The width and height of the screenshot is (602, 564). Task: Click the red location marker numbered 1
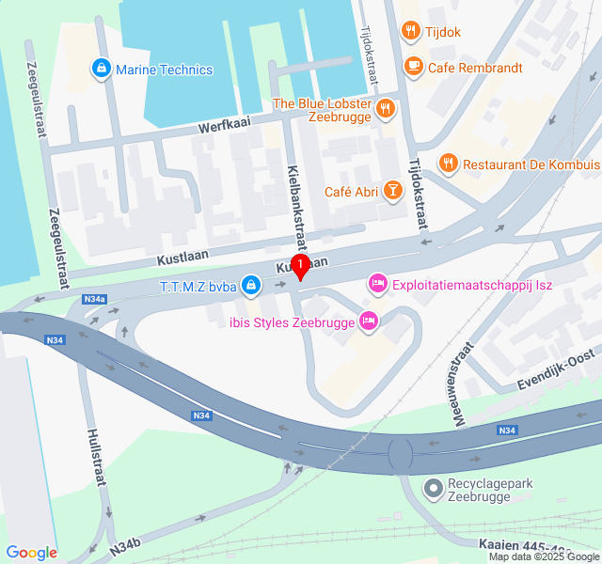[300, 267]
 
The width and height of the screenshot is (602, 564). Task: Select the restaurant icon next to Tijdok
[410, 32]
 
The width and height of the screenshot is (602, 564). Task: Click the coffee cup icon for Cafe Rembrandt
[412, 67]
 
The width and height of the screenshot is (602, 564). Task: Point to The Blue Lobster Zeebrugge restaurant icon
[385, 110]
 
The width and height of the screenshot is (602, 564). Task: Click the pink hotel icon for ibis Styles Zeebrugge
[370, 321]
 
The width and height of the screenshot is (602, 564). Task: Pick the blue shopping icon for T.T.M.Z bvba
[250, 284]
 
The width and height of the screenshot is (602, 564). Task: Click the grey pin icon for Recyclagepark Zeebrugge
[433, 487]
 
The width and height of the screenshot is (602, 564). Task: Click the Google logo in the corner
[31, 552]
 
